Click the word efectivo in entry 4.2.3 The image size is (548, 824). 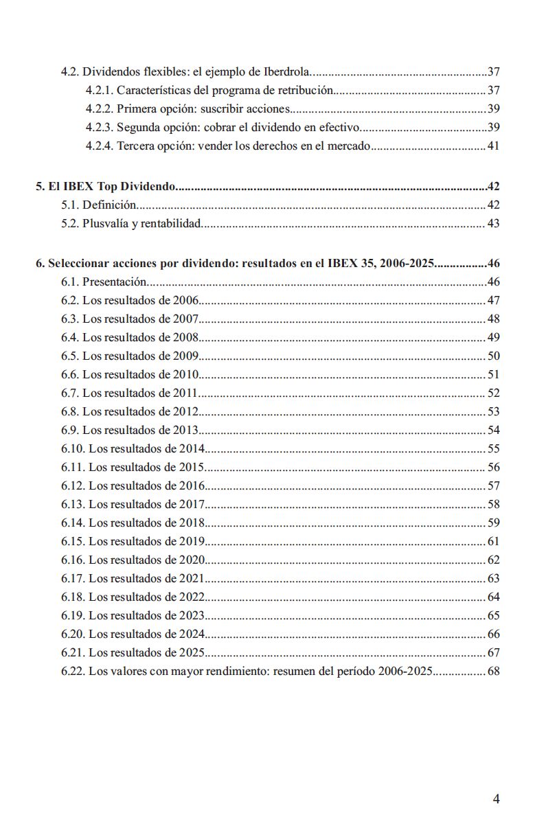340,127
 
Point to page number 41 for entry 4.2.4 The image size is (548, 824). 493,146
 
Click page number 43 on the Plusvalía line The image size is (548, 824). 493,224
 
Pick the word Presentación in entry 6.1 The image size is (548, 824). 115,282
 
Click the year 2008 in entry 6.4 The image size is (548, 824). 186,337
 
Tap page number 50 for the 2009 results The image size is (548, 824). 493,356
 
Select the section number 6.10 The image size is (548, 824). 73,449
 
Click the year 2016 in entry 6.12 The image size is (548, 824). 193,486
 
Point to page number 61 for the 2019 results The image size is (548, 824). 493,542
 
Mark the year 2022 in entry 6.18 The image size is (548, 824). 193,597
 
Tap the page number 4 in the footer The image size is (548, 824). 496,799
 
